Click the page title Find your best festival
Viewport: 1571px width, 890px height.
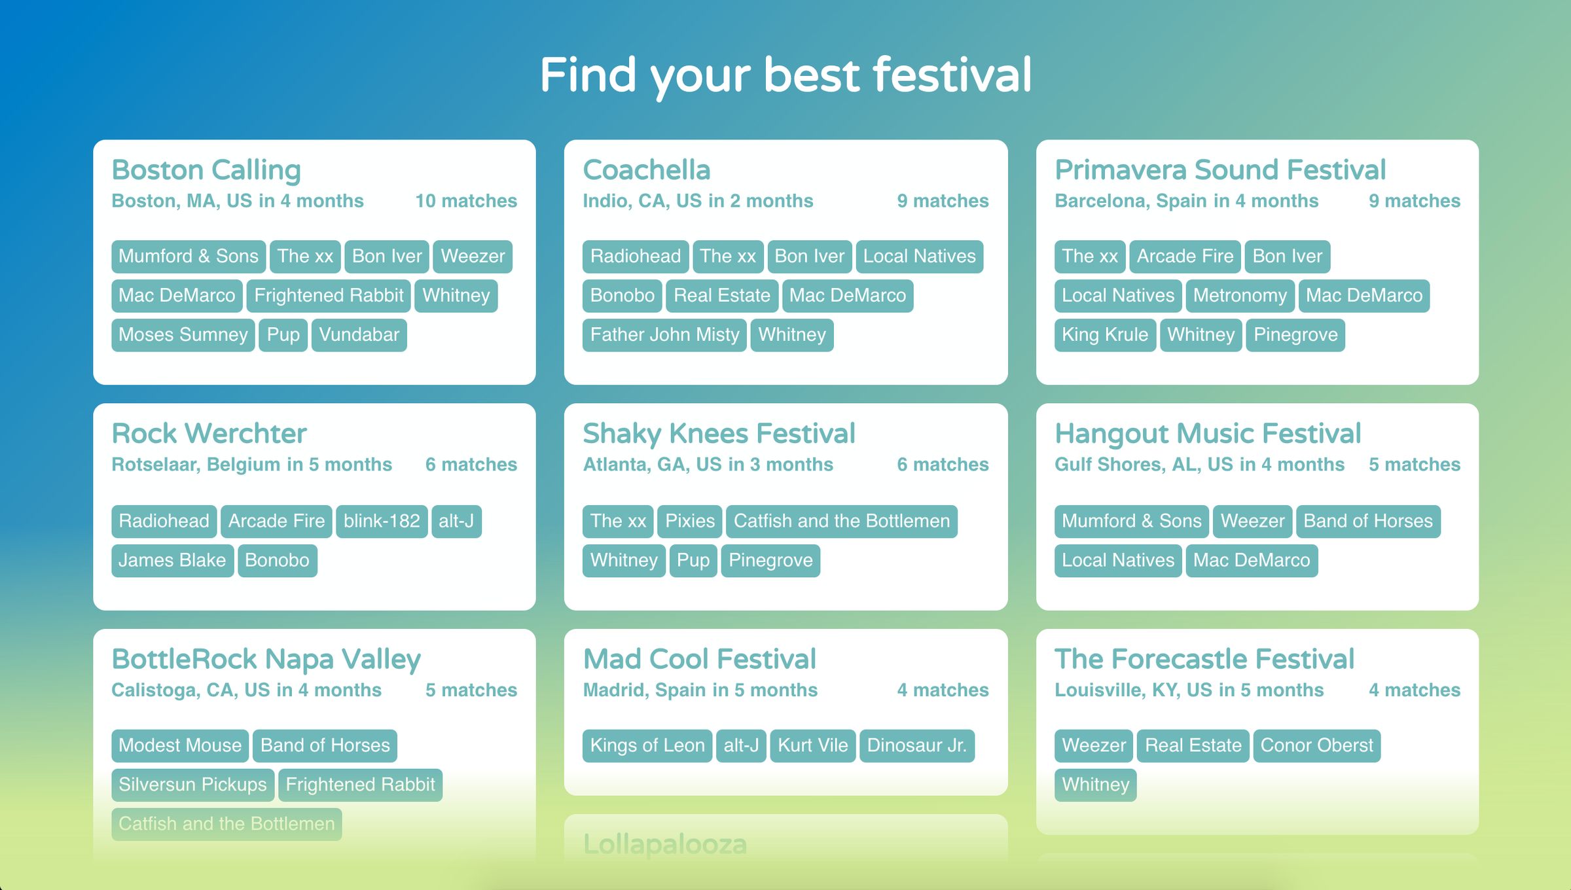coord(785,75)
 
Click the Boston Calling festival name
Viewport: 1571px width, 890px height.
coord(206,170)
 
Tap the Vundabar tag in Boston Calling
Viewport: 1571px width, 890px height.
coord(359,335)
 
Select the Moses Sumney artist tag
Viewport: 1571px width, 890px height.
coord(183,335)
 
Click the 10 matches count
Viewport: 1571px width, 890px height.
coord(466,201)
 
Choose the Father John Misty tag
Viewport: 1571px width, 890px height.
coord(664,335)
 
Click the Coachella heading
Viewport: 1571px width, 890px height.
coord(647,170)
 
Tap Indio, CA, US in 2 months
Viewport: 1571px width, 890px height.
coord(698,201)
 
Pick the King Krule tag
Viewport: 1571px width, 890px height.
coord(1105,335)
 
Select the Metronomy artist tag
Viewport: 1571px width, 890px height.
coord(1240,296)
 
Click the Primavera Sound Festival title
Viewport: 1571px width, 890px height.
coord(1220,170)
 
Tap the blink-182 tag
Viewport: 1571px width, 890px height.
coord(382,522)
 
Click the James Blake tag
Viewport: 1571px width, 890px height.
coord(172,561)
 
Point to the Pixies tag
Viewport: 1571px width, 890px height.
coord(690,522)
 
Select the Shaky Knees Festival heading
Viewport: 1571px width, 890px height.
coord(719,434)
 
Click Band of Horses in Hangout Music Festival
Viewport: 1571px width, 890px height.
coord(1368,522)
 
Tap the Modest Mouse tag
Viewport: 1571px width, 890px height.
coord(180,746)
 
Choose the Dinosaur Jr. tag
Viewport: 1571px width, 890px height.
coord(916,746)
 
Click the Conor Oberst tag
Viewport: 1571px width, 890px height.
coord(1316,746)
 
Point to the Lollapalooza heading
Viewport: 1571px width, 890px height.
coord(664,844)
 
